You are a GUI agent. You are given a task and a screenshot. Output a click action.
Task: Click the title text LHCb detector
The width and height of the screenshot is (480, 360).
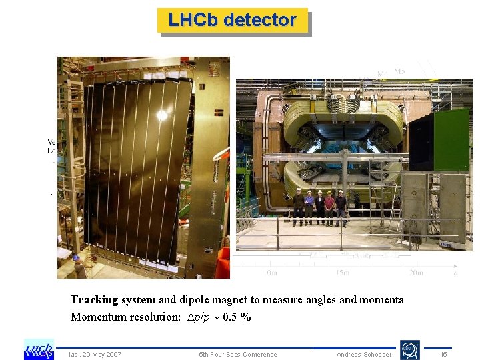click(x=232, y=20)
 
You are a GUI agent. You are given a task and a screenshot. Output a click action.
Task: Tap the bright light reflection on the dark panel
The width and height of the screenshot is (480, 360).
click(x=162, y=115)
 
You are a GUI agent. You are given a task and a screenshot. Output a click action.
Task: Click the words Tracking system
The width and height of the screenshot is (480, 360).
click(x=113, y=300)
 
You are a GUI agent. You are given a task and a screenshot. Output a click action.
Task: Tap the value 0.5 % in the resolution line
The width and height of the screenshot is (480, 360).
click(x=236, y=317)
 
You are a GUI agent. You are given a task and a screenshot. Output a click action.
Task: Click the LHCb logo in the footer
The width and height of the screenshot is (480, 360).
click(x=39, y=349)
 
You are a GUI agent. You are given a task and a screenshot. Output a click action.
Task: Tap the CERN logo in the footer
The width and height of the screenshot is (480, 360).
click(x=409, y=350)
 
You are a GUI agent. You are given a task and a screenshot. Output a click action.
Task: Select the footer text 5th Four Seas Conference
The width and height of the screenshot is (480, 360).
click(x=238, y=354)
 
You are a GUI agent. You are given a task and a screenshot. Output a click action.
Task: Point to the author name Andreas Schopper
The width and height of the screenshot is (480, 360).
click(x=364, y=354)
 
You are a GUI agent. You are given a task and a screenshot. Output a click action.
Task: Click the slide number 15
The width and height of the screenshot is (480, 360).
click(x=444, y=354)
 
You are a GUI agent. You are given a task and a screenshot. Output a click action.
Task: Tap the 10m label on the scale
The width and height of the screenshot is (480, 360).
click(x=271, y=272)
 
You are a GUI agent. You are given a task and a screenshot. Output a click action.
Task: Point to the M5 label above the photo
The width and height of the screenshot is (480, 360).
click(x=400, y=71)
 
